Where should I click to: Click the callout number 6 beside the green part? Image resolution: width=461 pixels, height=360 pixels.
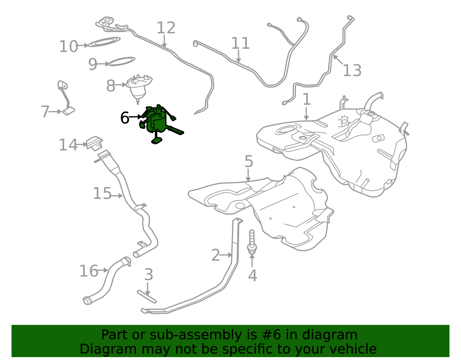[x=125, y=118]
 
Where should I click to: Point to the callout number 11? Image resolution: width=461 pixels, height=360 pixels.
[x=241, y=43]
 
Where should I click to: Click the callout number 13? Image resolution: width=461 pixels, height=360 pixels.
[x=352, y=70]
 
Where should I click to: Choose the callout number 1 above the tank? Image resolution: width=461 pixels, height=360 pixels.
[x=307, y=99]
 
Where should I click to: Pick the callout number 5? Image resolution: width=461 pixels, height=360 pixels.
[x=249, y=161]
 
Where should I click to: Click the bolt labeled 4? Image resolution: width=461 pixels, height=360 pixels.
[x=252, y=242]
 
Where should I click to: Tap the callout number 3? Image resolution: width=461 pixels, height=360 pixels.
[x=149, y=274]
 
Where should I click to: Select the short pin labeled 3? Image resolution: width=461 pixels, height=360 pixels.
[x=147, y=297]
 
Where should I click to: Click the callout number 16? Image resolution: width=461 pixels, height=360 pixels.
[x=89, y=271]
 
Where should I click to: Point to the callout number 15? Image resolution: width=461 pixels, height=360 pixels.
[x=102, y=193]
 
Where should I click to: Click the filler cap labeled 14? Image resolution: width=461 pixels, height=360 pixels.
[x=94, y=144]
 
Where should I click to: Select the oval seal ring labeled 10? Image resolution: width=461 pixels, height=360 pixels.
[x=104, y=42]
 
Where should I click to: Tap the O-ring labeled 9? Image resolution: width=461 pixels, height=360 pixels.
[x=122, y=61]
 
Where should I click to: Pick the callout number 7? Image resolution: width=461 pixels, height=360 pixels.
[x=45, y=112]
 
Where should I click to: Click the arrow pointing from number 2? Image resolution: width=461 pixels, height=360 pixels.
[x=226, y=255]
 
